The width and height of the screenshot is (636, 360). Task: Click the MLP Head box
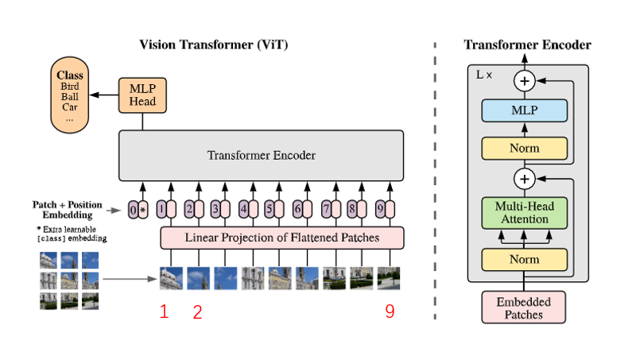pyautogui.click(x=142, y=95)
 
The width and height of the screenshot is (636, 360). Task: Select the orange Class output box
pyautogui.click(x=69, y=95)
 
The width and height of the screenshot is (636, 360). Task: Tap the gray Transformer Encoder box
pyautogui.click(x=262, y=155)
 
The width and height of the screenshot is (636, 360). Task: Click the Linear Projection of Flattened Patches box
pyautogui.click(x=282, y=237)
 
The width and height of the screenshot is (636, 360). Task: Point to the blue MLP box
pyautogui.click(x=524, y=110)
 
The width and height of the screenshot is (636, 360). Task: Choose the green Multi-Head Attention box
pyautogui.click(x=524, y=213)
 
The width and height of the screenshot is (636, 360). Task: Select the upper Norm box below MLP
pyautogui.click(x=524, y=148)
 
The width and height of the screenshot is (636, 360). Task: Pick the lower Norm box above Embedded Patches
pyautogui.click(x=524, y=259)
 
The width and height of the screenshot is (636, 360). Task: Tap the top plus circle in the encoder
pyautogui.click(x=524, y=79)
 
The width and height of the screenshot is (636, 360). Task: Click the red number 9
pyautogui.click(x=390, y=312)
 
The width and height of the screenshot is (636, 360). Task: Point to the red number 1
pyautogui.click(x=164, y=312)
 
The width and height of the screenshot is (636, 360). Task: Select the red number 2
pyautogui.click(x=197, y=312)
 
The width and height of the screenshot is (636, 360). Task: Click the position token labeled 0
pyautogui.click(x=133, y=210)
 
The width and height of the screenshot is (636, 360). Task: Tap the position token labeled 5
pyautogui.click(x=270, y=210)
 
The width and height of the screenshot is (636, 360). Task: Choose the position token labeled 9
pyautogui.click(x=381, y=210)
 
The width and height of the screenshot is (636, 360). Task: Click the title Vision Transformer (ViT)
pyautogui.click(x=214, y=45)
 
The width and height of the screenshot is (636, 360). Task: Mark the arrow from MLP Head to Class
pyautogui.click(x=103, y=95)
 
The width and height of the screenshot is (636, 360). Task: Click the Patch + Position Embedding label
pyautogui.click(x=68, y=210)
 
